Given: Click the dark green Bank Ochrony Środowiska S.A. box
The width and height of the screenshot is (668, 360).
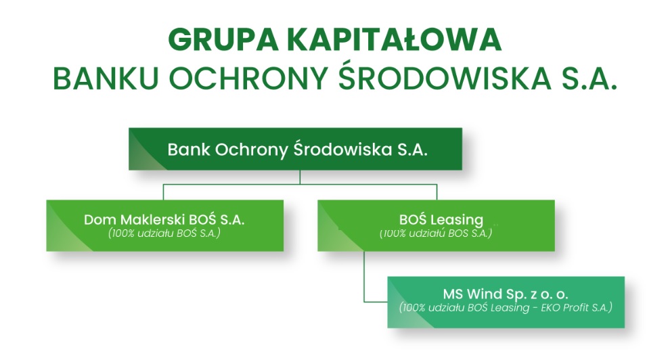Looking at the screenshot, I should [296, 150].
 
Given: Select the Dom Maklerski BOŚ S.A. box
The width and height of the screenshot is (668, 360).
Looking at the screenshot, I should [164, 225].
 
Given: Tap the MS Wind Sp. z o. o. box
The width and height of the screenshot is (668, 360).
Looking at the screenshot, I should [506, 301].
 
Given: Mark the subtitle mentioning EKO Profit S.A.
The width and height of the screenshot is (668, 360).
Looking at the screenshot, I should [506, 309].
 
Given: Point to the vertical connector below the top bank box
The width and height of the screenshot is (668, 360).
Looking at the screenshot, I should [300, 177].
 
